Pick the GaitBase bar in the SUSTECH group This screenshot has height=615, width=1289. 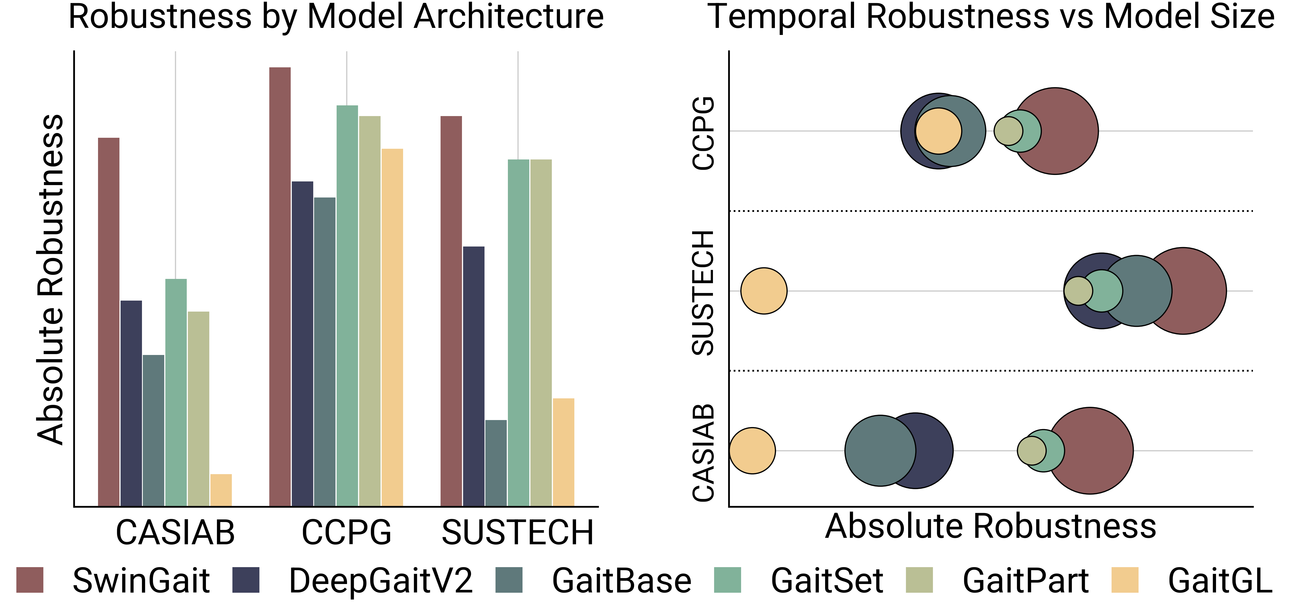tap(496, 463)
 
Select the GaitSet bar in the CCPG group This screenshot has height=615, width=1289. tap(347, 306)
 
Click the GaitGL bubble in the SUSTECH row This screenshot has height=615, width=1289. tap(764, 291)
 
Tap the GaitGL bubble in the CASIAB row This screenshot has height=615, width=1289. tap(752, 450)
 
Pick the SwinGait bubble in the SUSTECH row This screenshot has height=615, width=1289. tap(1201, 291)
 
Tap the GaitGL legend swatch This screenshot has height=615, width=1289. tap(1124, 580)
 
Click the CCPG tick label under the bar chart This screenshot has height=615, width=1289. tap(346, 532)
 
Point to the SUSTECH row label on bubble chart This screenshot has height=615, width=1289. tap(703, 293)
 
